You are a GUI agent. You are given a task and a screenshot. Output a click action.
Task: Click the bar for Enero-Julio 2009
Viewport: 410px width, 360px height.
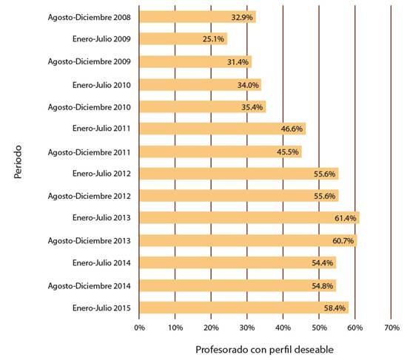pyautogui.click(x=184, y=39)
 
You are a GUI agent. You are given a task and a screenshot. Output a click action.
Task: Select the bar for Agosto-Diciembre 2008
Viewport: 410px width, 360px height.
pyautogui.click(x=198, y=17)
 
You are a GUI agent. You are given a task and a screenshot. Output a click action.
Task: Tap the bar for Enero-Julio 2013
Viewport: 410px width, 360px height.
pyautogui.click(x=249, y=218)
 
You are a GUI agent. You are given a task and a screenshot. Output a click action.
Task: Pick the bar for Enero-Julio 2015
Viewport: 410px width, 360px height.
pyautogui.click(x=243, y=308)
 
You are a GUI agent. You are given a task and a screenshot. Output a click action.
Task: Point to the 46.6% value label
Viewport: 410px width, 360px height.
pyautogui.click(x=292, y=129)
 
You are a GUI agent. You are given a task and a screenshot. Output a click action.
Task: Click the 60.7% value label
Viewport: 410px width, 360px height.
pyautogui.click(x=343, y=240)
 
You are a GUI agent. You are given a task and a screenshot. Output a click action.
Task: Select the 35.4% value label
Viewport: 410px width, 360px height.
pyautogui.click(x=252, y=107)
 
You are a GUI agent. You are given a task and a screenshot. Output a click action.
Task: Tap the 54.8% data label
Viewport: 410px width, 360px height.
pyautogui.click(x=323, y=286)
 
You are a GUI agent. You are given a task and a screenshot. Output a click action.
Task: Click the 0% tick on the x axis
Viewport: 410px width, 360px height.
pyautogui.click(x=139, y=327)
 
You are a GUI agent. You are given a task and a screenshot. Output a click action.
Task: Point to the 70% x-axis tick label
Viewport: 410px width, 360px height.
pyautogui.click(x=391, y=327)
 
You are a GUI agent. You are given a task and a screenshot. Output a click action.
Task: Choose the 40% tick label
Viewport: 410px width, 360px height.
pyautogui.click(x=283, y=327)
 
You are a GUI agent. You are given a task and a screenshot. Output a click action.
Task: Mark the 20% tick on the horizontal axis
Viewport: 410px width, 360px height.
pyautogui.click(x=211, y=327)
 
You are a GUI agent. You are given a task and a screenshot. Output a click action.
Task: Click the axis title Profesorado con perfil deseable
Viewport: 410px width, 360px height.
pyautogui.click(x=264, y=350)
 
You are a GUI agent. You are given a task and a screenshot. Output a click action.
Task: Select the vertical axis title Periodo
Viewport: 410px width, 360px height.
pyautogui.click(x=18, y=162)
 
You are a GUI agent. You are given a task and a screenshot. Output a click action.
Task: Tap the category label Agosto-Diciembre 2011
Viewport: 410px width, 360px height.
pyautogui.click(x=89, y=152)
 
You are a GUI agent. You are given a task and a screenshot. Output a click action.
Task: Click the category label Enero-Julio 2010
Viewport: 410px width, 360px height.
pyautogui.click(x=101, y=85)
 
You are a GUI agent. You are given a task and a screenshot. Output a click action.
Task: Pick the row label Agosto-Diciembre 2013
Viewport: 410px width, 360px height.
pyautogui.click(x=89, y=240)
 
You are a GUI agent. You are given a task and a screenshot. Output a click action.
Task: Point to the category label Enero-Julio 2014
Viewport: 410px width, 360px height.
pyautogui.click(x=101, y=262)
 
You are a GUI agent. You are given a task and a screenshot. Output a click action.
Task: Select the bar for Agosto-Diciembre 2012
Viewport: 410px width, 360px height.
pyautogui.click(x=239, y=196)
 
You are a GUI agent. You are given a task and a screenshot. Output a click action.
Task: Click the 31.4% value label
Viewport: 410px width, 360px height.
pyautogui.click(x=238, y=62)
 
